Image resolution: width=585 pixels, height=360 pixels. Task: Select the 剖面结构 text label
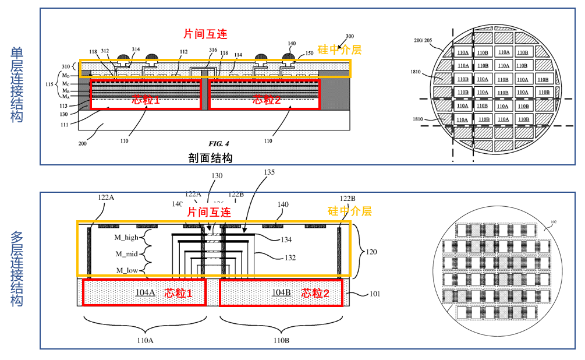click(x=211, y=158)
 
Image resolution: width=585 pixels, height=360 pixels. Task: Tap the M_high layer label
click(x=127, y=237)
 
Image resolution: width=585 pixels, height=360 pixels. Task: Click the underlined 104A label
click(x=146, y=292)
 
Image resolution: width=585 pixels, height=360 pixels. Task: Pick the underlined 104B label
click(x=281, y=292)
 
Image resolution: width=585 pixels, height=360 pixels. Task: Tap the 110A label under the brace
click(x=145, y=340)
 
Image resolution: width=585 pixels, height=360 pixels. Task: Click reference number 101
click(x=376, y=294)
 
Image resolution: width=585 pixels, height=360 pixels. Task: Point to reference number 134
click(x=286, y=239)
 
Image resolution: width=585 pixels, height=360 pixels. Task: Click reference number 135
click(x=268, y=172)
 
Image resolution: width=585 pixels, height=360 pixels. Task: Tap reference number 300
click(x=349, y=36)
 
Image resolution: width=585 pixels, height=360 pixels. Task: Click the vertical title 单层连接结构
click(x=17, y=85)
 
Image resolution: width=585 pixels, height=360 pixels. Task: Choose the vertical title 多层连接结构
click(x=17, y=269)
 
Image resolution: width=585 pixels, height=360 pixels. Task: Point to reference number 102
click(x=553, y=221)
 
